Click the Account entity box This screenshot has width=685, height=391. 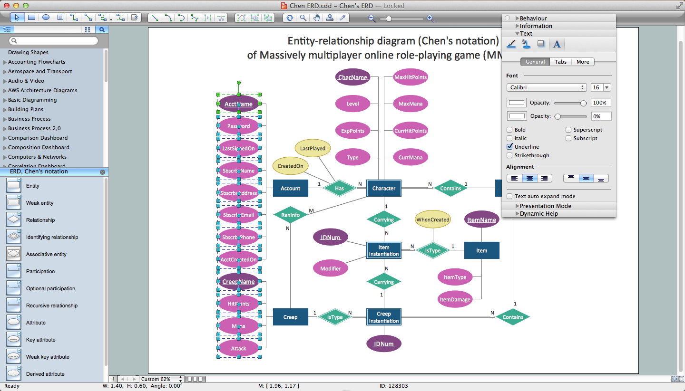290,188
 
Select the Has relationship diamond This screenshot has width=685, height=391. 339,188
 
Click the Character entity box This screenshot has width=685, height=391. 384,188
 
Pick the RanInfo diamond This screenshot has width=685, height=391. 291,215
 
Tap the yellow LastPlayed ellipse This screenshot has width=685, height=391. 313,148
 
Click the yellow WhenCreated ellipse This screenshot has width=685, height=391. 432,219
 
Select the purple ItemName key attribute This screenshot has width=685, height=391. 481,219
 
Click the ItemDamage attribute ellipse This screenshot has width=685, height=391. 455,299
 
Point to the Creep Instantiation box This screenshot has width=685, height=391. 384,317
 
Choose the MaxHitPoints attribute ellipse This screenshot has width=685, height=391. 411,77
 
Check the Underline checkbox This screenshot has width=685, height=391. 510,147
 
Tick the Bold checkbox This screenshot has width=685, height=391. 510,130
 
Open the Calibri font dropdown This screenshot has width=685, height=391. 546,87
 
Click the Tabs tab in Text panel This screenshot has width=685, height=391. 560,62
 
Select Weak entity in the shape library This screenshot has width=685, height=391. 39,203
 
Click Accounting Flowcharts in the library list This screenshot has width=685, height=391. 37,62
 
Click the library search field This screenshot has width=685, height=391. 53,41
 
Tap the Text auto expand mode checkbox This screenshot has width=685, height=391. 510,196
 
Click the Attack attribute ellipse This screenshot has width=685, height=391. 238,348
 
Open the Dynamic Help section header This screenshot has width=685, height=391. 538,214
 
